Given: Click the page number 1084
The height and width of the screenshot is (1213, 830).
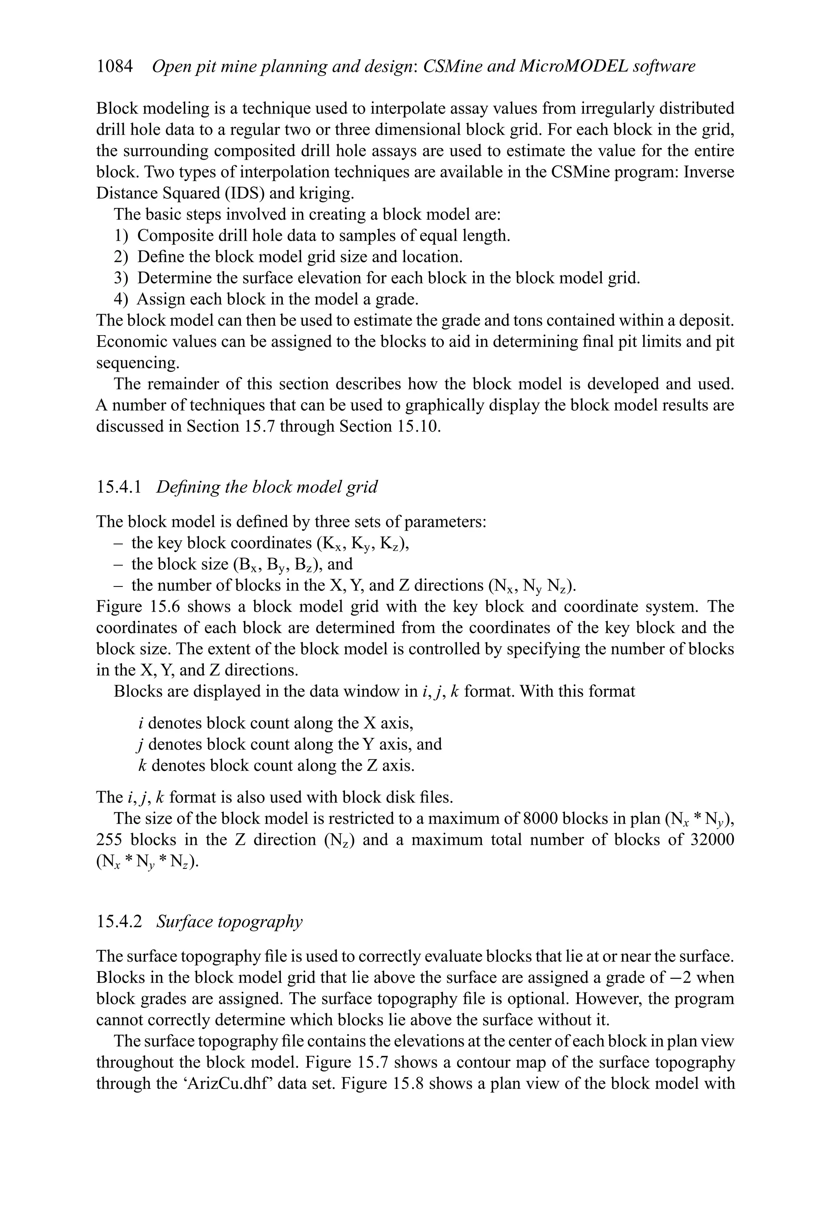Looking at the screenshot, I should (x=114, y=66).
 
